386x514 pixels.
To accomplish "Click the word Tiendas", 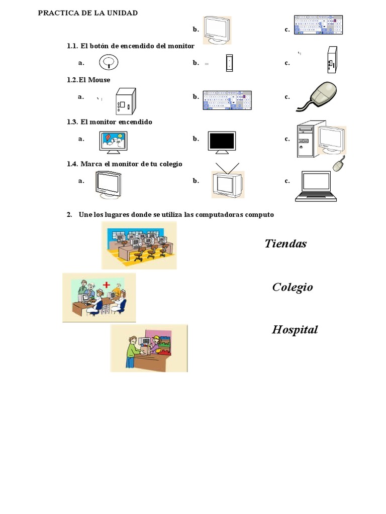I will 285,244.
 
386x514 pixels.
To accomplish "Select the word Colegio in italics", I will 293,287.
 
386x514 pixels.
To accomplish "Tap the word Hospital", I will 295,330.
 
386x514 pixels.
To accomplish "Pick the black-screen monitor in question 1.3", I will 222,142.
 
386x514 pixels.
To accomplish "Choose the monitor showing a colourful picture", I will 113,142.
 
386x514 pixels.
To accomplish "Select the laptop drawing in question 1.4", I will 316,186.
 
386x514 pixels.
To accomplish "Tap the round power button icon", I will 109,62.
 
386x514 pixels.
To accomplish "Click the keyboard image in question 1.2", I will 227,100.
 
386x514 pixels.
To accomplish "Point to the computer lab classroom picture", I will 139,245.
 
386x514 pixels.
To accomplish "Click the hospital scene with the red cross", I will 99,298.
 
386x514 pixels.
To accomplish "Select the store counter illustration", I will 149,348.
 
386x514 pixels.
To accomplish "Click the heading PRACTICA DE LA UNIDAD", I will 88,13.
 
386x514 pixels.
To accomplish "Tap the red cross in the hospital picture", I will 106,285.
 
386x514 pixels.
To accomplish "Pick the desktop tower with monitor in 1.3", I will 321,142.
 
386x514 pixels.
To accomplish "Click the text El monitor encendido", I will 116,122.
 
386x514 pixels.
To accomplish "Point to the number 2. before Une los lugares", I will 70,215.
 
